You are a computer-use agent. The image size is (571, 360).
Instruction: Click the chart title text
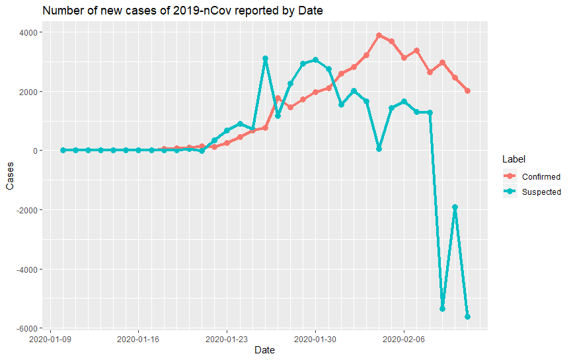click(x=183, y=11)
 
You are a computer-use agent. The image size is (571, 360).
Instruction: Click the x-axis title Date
click(x=265, y=350)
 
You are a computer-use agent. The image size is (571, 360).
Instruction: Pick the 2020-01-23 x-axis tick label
click(x=227, y=339)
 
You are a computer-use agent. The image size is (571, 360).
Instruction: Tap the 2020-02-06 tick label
click(x=404, y=339)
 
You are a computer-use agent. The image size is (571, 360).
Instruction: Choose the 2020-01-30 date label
click(x=315, y=339)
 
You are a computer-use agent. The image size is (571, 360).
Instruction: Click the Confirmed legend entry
click(x=541, y=177)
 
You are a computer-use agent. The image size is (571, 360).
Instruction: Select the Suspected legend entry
click(x=541, y=192)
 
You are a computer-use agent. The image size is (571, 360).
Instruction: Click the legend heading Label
click(x=513, y=159)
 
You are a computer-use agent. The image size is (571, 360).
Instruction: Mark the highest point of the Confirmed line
click(x=379, y=36)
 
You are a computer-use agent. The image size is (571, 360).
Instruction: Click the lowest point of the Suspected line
click(x=467, y=317)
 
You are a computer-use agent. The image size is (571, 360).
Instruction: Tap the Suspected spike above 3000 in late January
click(x=265, y=59)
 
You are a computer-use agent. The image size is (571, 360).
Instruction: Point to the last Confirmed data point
click(x=467, y=91)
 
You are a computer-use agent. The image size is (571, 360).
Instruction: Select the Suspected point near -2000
click(x=455, y=207)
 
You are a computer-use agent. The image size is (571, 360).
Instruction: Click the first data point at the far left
click(x=63, y=151)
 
